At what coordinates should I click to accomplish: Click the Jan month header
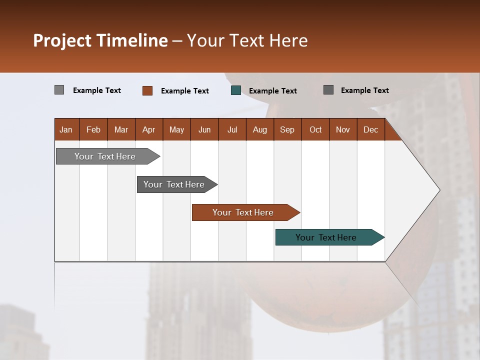point(66,129)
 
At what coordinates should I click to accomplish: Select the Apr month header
point(149,129)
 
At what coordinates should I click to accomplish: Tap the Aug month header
point(259,129)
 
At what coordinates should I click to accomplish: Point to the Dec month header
point(370,129)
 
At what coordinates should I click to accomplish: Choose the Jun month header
point(204,129)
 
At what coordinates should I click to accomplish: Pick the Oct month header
point(315,129)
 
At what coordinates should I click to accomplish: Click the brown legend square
point(147,90)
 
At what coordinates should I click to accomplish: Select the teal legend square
point(236,90)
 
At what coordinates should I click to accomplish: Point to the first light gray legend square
point(59,90)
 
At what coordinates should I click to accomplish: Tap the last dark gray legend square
point(328,90)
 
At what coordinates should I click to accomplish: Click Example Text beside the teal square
point(272,90)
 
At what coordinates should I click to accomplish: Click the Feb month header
point(93,129)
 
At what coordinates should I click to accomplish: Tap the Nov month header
point(343,129)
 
